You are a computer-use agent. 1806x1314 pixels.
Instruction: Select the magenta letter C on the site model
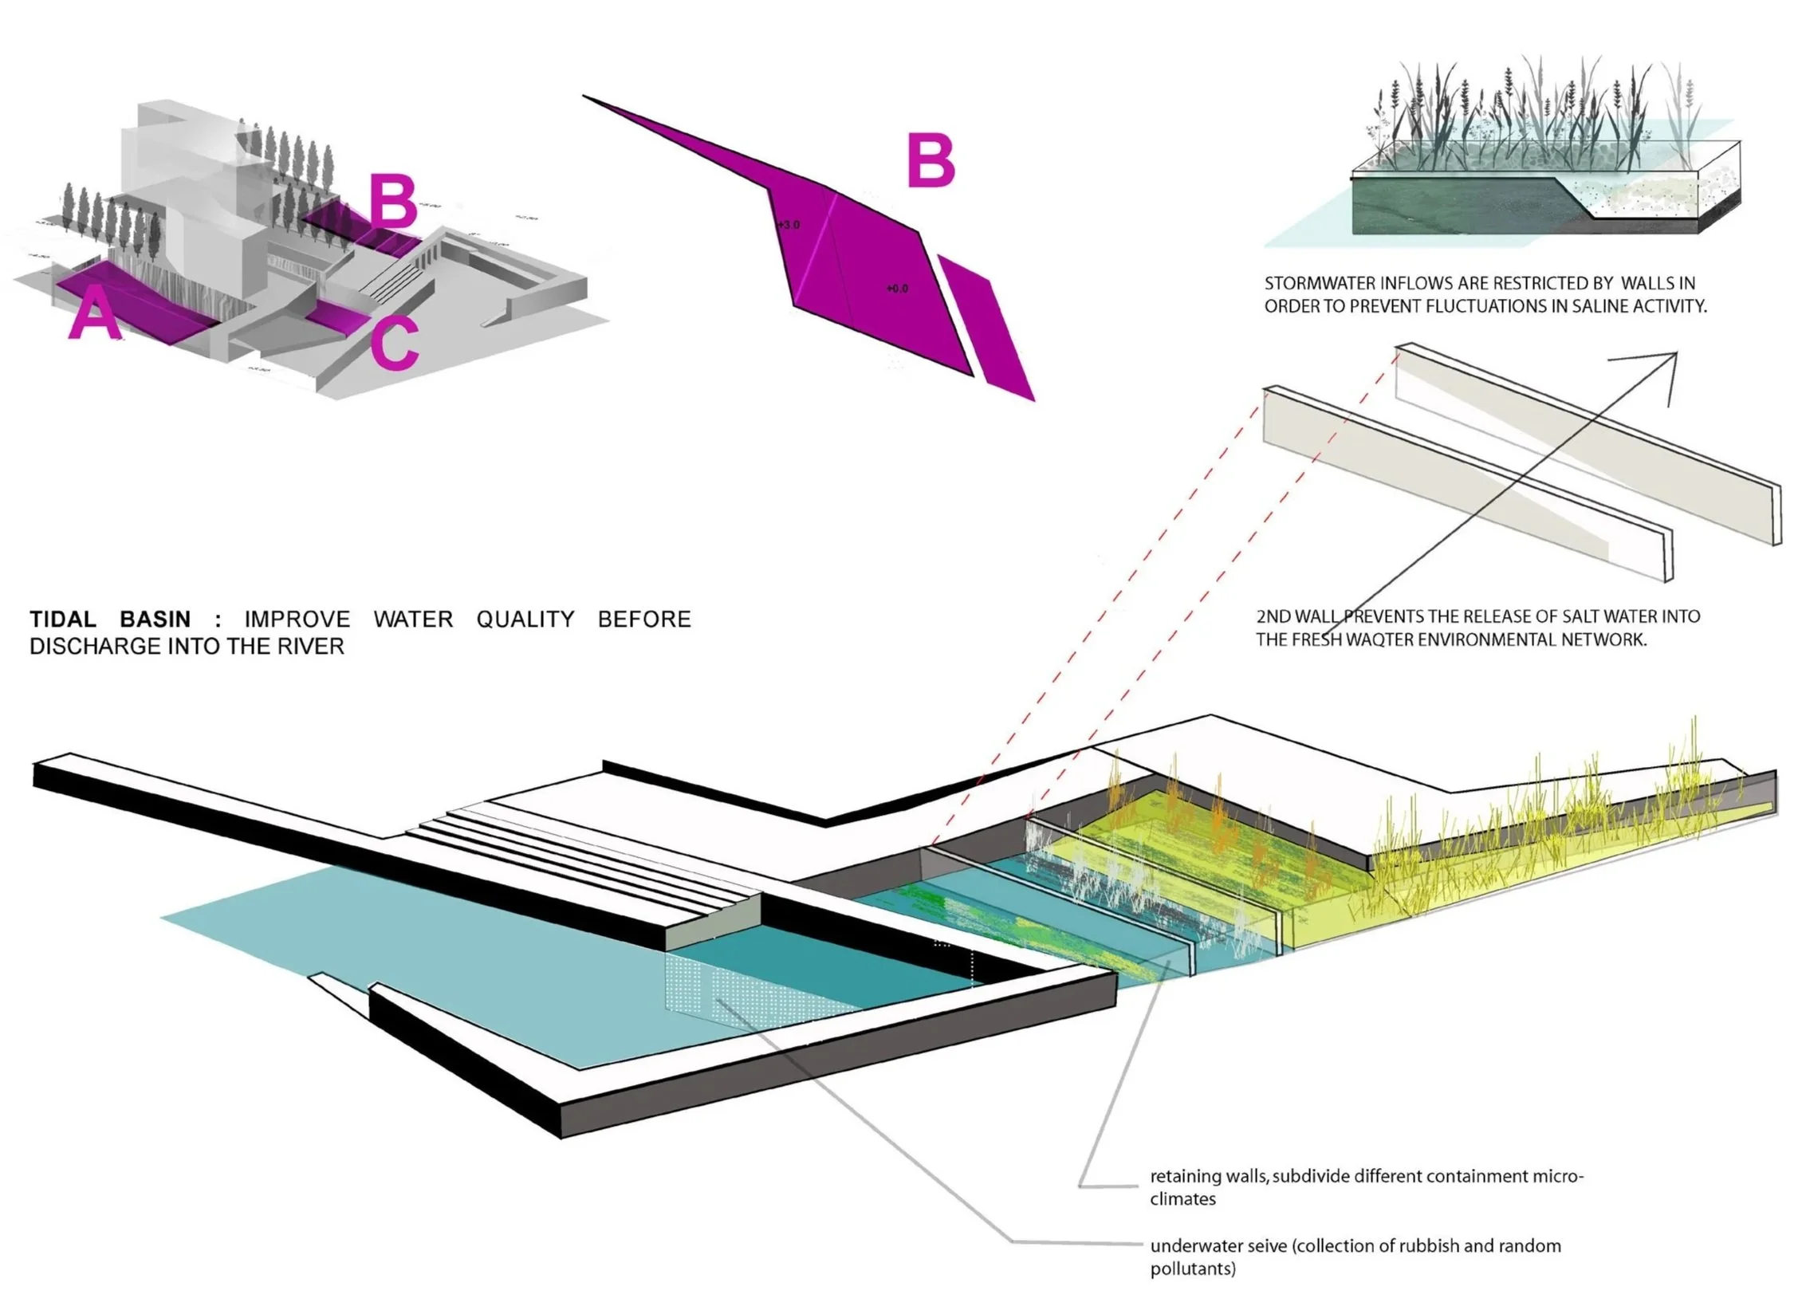pos(394,343)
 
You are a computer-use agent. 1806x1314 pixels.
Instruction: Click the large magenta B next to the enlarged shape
pos(931,160)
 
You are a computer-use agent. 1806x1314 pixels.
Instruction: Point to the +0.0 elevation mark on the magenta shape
pos(897,289)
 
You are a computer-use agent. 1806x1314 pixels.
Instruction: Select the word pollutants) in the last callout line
pos(1193,1269)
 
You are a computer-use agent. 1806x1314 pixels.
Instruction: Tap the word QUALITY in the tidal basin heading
pos(525,620)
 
